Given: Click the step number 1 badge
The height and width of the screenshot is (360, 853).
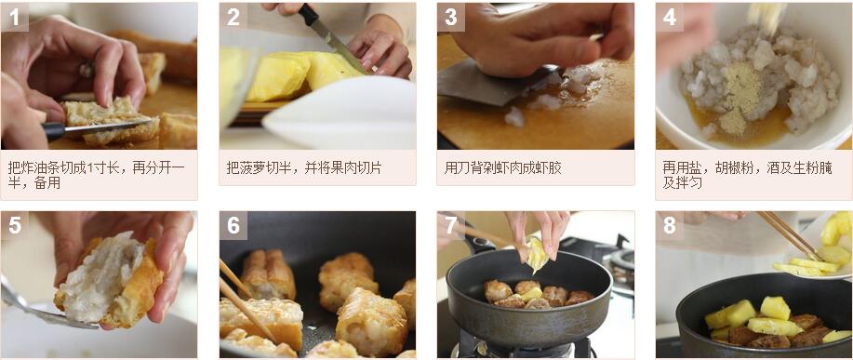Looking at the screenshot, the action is click(x=15, y=18).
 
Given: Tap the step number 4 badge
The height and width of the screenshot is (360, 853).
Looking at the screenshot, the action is click(x=669, y=18).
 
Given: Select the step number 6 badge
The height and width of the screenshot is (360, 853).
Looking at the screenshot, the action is click(x=233, y=225).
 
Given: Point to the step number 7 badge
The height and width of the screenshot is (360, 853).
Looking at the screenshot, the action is click(x=451, y=225).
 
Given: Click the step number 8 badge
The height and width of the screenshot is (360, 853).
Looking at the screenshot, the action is click(x=669, y=225).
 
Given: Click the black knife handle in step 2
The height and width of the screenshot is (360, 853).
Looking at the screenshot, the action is click(x=309, y=15).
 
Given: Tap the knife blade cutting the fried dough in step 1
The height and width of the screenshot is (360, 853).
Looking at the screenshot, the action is click(x=103, y=127).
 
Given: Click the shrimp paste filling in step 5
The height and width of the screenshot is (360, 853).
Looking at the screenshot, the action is click(x=101, y=277).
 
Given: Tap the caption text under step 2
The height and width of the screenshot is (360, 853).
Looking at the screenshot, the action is click(x=304, y=168).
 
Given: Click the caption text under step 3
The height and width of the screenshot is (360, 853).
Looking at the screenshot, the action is click(x=502, y=168).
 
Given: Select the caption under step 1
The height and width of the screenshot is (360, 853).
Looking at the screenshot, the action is click(x=97, y=175).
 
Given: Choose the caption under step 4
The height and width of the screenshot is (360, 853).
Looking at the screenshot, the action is click(x=748, y=175).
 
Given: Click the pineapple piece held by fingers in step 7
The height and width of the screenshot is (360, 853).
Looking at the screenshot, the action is click(x=537, y=255).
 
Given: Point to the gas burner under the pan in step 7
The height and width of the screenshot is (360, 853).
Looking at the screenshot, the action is click(x=521, y=345).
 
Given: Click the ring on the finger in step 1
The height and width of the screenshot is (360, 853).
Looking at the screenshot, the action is click(x=87, y=69).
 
